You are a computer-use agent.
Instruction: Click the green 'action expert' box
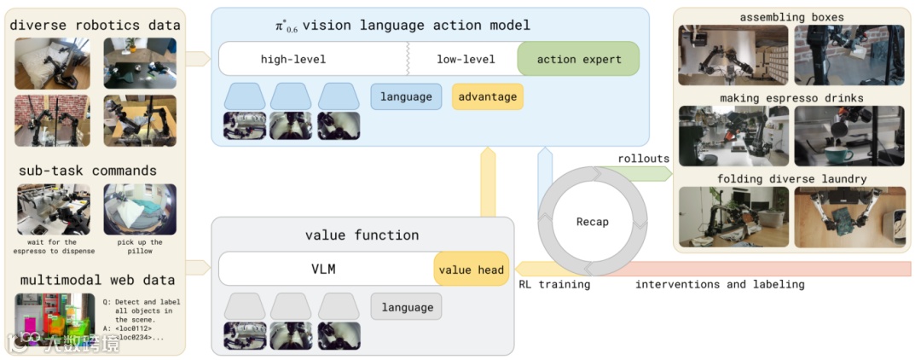578,59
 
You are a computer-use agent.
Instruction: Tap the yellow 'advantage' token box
487,96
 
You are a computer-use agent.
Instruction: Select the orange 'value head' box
472,270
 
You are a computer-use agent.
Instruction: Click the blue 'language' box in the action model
406,96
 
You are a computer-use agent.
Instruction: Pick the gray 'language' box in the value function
407,307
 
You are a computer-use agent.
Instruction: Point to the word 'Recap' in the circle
592,222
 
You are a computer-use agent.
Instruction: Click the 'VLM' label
323,270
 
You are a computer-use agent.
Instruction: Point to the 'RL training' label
554,284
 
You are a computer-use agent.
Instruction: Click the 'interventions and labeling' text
719,284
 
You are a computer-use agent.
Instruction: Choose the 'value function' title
362,235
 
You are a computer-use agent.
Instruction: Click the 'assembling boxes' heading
791,16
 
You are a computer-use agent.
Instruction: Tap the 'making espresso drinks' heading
791,98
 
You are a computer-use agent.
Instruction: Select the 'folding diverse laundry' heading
791,178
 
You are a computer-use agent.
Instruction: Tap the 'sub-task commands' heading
88,171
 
